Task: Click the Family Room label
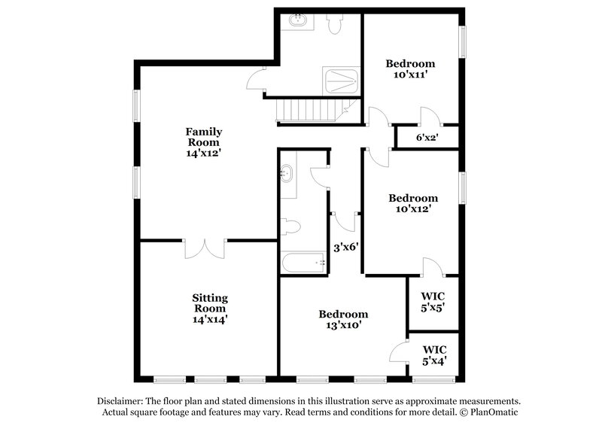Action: click(x=204, y=141)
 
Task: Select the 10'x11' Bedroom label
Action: click(x=410, y=69)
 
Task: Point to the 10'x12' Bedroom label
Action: click(x=412, y=203)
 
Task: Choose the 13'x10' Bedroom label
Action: click(x=343, y=320)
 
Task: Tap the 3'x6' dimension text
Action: click(x=345, y=245)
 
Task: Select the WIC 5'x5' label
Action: click(x=434, y=301)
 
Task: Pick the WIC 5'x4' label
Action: click(x=434, y=354)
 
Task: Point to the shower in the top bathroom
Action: click(x=341, y=81)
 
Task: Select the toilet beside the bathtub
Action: click(x=291, y=227)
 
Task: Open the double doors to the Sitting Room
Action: click(x=205, y=249)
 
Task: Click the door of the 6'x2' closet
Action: click(x=430, y=117)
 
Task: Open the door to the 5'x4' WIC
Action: click(x=399, y=352)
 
